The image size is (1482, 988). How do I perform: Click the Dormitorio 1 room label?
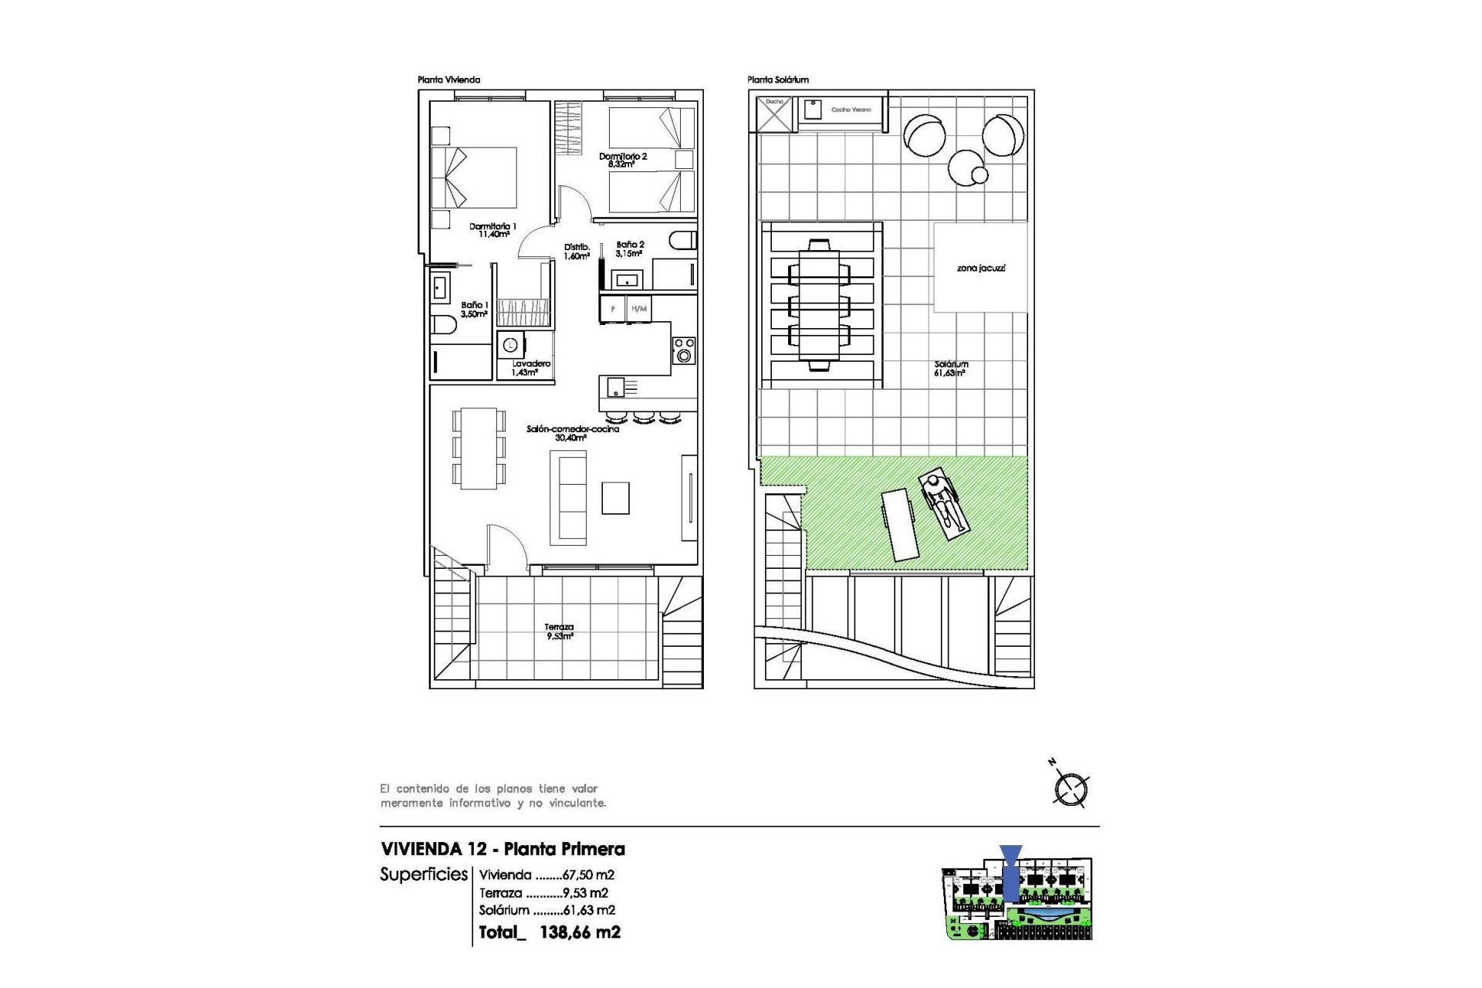(x=492, y=230)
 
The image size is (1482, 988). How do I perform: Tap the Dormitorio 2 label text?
(x=623, y=160)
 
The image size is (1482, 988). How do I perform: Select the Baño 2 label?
(x=630, y=249)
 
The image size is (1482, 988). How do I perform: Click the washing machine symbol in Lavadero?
(x=510, y=345)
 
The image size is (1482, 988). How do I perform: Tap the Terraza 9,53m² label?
(x=560, y=632)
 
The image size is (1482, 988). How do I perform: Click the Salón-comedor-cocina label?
(x=573, y=433)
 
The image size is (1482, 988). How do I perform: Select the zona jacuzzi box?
(x=980, y=268)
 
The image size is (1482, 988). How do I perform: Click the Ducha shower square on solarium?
(x=774, y=113)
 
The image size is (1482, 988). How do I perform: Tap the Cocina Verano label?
(x=851, y=110)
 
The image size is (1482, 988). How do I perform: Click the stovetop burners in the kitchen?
(x=684, y=350)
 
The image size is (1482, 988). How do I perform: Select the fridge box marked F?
(x=613, y=310)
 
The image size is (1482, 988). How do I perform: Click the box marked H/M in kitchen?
(x=638, y=310)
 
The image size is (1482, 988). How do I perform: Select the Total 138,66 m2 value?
(x=579, y=932)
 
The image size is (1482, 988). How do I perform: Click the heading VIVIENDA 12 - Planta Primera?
(x=502, y=849)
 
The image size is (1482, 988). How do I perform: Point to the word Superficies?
(x=424, y=875)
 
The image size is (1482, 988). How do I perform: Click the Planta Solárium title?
(x=777, y=80)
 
